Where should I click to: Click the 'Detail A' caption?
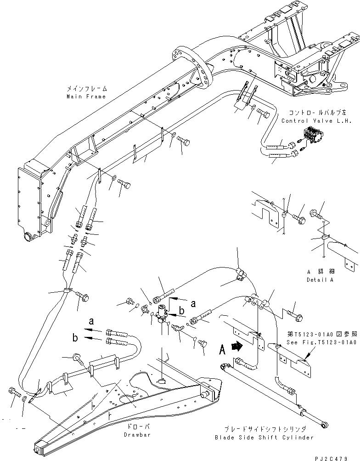(320, 279)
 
